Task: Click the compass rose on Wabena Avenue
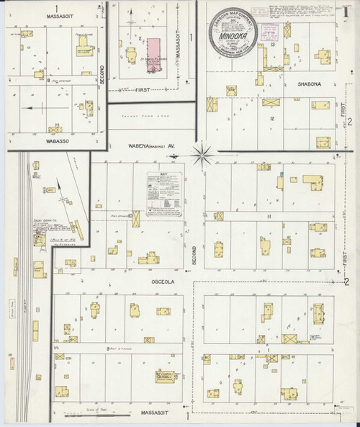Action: click(x=204, y=151)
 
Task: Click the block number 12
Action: click(x=272, y=118)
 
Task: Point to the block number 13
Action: click(x=273, y=45)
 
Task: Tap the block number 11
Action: click(x=269, y=215)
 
